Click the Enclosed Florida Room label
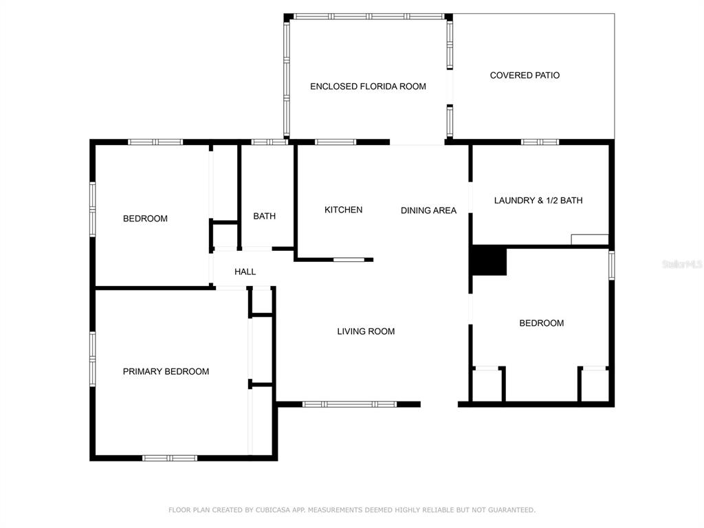point(368,86)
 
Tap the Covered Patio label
point(525,76)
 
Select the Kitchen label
point(343,210)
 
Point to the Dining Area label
point(428,210)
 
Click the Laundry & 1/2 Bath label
point(538,200)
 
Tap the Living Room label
point(366,331)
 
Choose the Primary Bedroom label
point(166,371)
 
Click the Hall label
point(245,272)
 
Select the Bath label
point(265,216)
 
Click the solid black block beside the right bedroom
point(489,261)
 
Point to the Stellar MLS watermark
point(682,264)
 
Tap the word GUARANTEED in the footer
point(511,509)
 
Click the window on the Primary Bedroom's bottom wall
point(170,458)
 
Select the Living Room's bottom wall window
point(349,404)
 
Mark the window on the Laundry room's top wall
point(540,142)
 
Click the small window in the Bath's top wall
point(269,142)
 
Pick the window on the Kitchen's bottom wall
point(349,259)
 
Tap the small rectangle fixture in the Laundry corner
point(589,240)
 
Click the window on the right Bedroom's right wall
point(611,265)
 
